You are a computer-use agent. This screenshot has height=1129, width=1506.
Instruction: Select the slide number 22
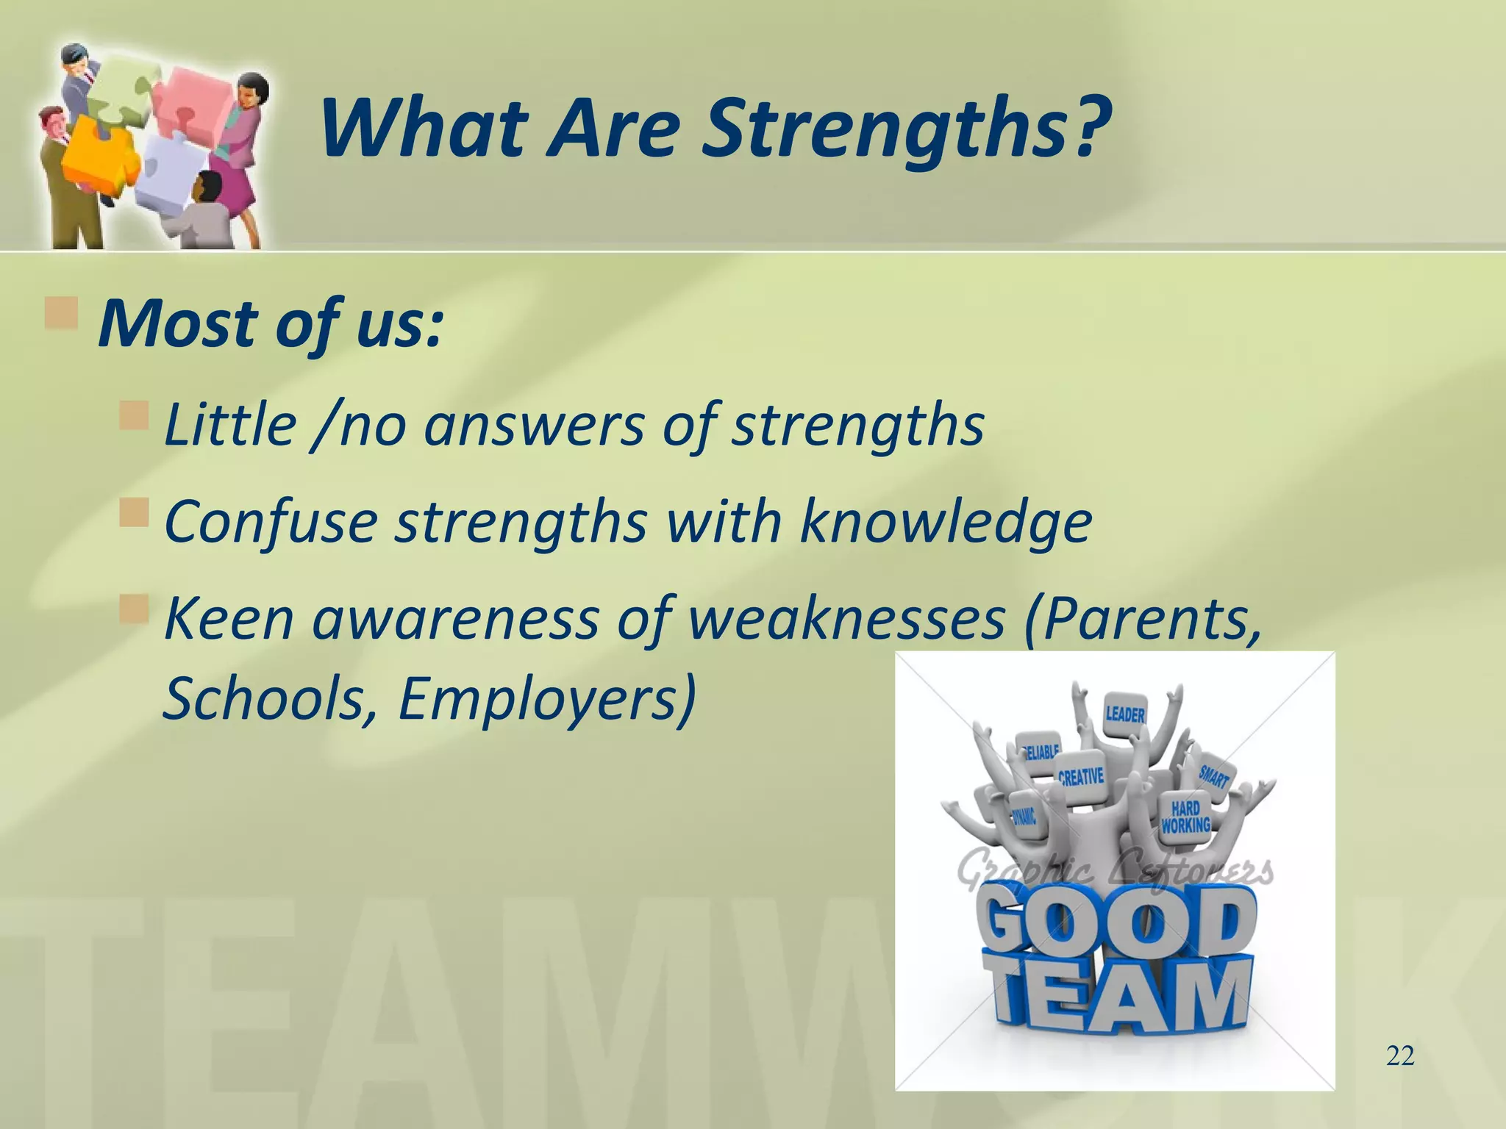(x=1399, y=1056)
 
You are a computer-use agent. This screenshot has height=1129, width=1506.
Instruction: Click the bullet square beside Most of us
(x=62, y=313)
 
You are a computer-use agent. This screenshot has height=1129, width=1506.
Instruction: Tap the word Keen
(x=229, y=619)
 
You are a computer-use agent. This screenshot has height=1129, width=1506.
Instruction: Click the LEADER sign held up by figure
(x=1125, y=713)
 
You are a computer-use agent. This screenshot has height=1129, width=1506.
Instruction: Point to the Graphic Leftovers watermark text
(x=1114, y=873)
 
